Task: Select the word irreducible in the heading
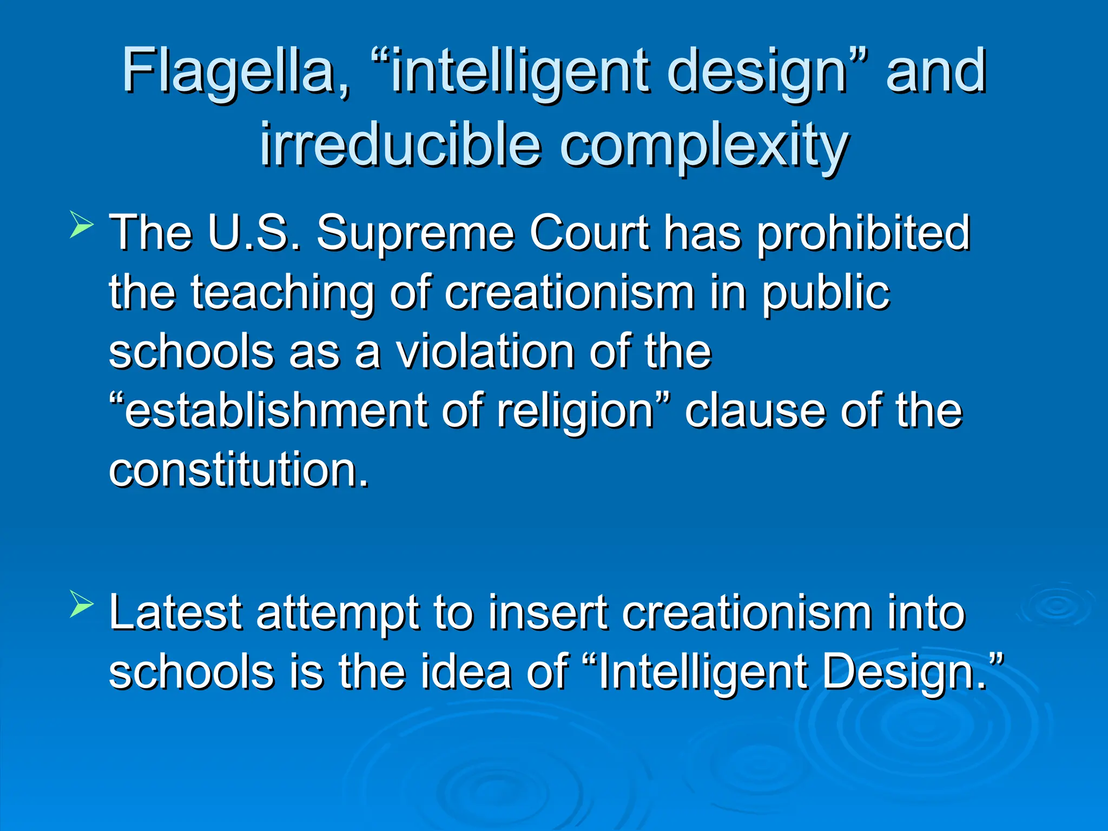400,145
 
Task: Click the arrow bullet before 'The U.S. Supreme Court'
82,226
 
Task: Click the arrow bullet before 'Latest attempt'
82,606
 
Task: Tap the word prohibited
863,234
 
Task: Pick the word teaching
282,293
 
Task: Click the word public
826,293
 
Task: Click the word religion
576,412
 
